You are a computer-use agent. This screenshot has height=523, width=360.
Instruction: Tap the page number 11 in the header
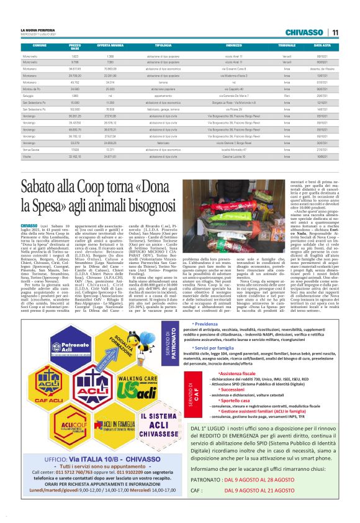[335, 32]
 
